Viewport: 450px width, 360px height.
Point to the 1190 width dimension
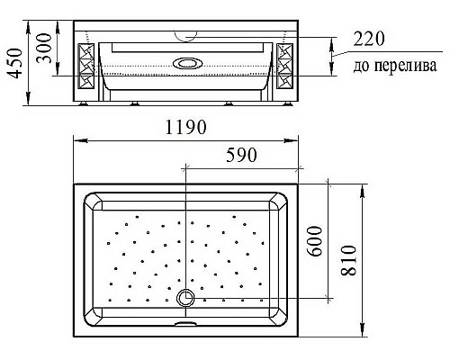pos(186,128)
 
